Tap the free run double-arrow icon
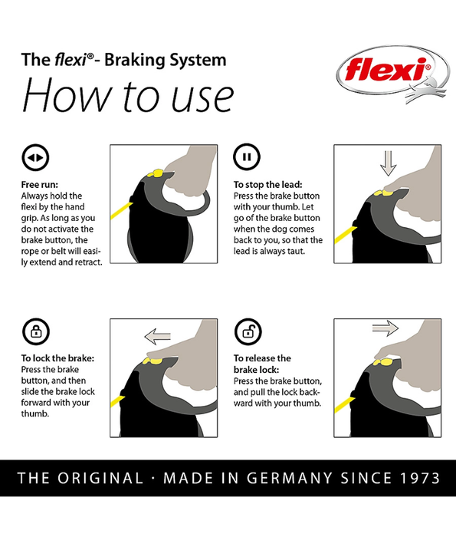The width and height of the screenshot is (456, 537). (x=35, y=157)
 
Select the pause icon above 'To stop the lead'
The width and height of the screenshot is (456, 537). (x=247, y=156)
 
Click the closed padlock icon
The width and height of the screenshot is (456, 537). (x=36, y=331)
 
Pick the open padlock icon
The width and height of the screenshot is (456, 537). (x=248, y=331)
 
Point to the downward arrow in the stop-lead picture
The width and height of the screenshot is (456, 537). (x=388, y=163)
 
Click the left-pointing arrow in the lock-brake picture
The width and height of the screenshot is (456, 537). (x=157, y=336)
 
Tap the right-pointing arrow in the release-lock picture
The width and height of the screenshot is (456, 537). (x=385, y=328)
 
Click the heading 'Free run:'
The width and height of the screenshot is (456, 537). (x=40, y=185)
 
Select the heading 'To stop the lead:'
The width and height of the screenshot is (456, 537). (x=268, y=185)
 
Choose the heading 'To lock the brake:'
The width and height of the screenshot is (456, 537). (x=57, y=358)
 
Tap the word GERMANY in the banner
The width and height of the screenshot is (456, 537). (x=290, y=478)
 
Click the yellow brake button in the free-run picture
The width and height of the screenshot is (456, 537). (x=156, y=173)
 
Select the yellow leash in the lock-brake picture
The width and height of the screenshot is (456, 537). (x=117, y=401)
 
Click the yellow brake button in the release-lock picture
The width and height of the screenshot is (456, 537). (x=384, y=362)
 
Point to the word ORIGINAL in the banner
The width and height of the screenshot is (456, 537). (x=100, y=478)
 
